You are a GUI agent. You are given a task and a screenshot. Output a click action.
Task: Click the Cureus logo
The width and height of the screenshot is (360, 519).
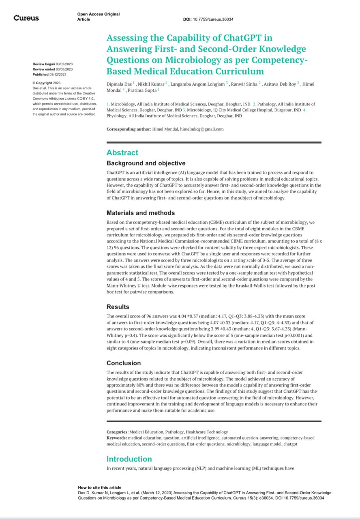coord(26,18)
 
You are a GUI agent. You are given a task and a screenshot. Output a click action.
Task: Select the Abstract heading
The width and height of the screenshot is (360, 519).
coord(122,153)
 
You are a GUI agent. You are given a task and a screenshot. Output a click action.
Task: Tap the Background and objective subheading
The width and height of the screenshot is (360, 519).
coord(146,163)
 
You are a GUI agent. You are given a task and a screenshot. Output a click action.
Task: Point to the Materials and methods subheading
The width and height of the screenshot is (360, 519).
coord(141,213)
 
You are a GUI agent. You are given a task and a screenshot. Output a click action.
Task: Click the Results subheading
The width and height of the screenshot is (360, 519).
coord(118,307)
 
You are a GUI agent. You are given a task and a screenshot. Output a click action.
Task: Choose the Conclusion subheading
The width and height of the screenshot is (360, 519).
coord(124,363)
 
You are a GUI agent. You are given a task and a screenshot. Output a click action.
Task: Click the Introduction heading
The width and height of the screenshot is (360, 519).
coord(129,459)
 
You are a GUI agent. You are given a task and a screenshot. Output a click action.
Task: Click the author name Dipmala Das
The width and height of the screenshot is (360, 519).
coord(119,84)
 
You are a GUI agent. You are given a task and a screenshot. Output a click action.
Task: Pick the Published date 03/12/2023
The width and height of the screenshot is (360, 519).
coord(58,74)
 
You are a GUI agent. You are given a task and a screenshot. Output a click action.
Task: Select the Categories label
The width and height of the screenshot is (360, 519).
coord(118,432)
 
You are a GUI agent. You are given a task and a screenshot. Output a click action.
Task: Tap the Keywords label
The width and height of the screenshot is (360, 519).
coord(117,438)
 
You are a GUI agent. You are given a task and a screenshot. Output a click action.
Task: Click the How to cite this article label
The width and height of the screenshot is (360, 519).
coord(99,487)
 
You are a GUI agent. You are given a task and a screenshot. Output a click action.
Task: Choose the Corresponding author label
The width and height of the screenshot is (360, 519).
coord(129,129)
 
